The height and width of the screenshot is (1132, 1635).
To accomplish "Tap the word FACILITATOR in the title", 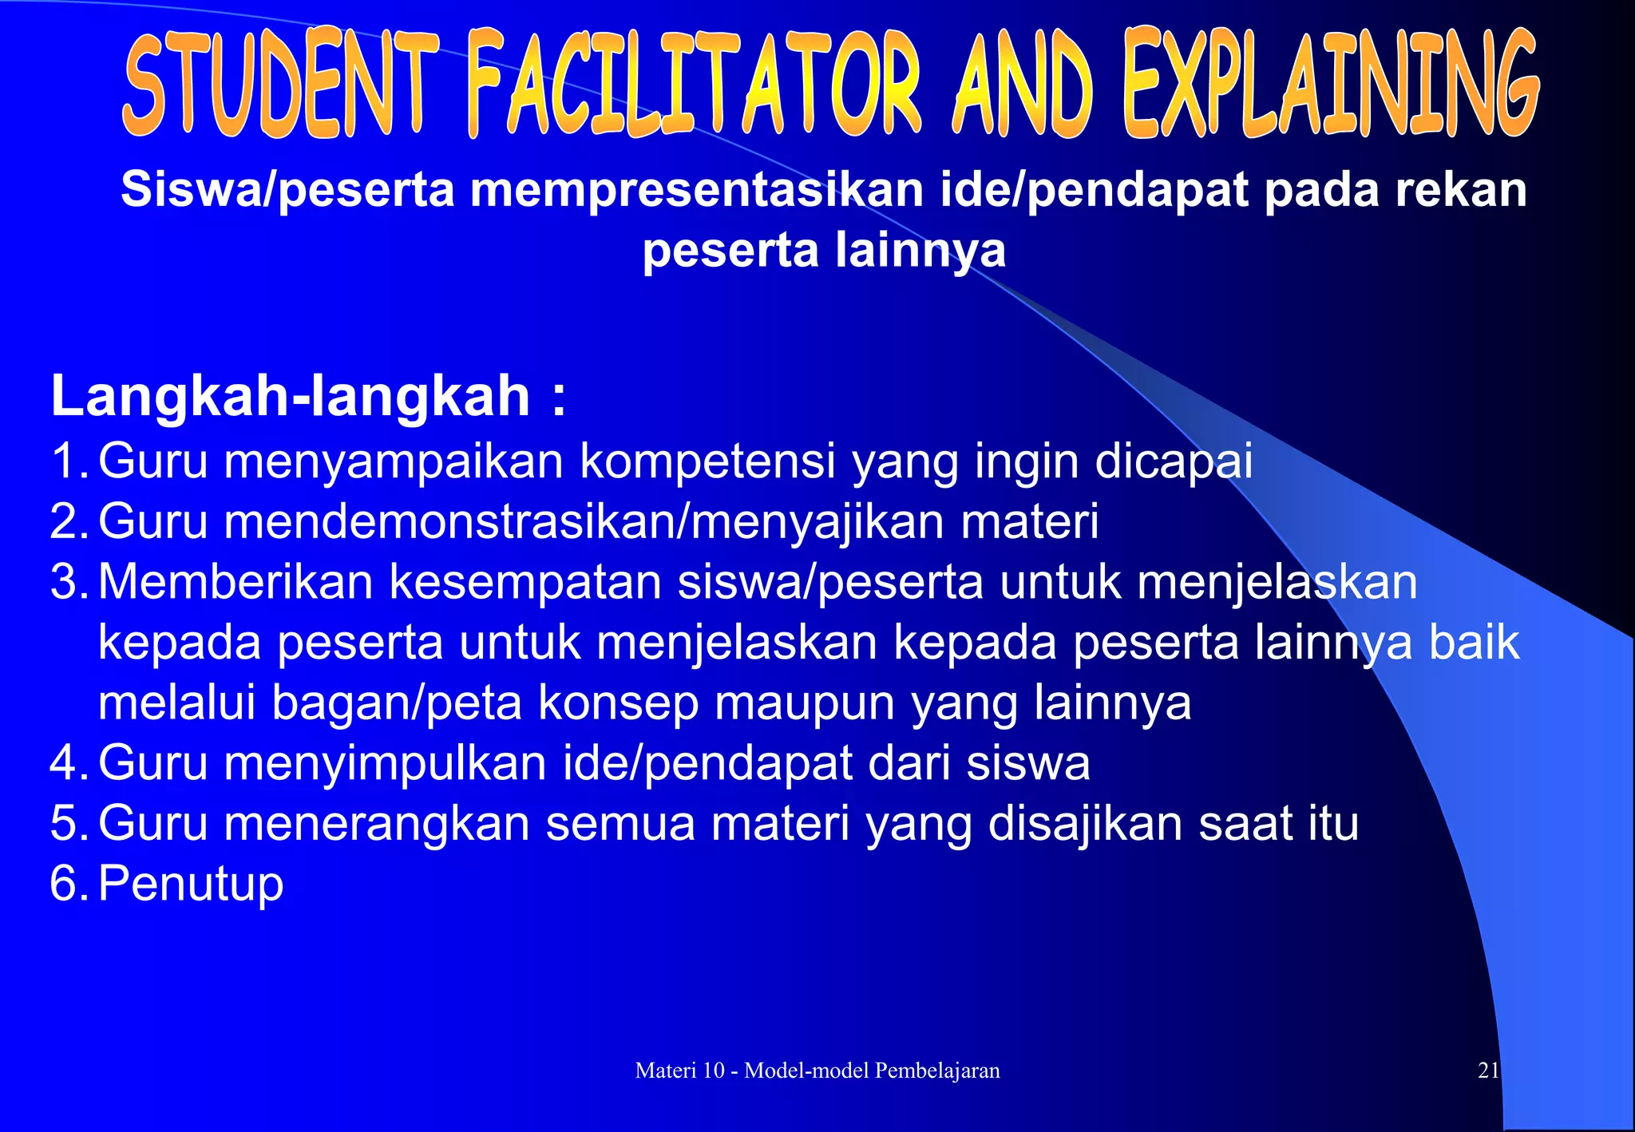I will (693, 84).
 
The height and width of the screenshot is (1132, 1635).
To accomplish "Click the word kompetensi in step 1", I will (707, 461).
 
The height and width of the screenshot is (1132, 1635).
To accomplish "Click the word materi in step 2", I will (1030, 521).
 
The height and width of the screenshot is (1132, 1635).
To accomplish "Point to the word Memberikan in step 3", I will (236, 582).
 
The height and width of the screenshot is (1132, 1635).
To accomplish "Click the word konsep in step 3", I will (618, 703).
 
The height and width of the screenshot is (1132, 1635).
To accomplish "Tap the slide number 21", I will (1488, 1071).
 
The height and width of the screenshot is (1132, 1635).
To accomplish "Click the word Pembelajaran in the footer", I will (936, 1071).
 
